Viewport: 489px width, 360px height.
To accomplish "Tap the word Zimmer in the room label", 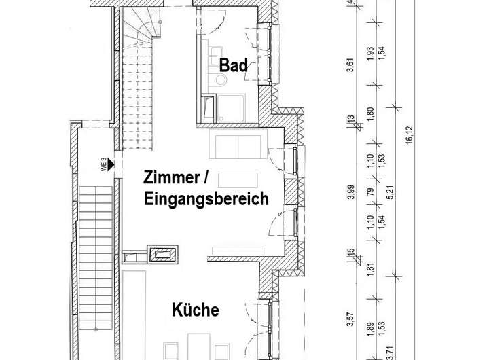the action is point(170,179).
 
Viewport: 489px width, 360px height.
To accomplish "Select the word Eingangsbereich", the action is point(206,200).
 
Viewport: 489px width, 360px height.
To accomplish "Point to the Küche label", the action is point(196,310).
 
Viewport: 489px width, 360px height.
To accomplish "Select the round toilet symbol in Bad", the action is point(221,80).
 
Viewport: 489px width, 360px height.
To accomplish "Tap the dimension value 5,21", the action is point(390,193).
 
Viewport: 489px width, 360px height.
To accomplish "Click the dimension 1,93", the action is point(370,52).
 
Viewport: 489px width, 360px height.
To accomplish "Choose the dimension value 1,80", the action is point(370,113).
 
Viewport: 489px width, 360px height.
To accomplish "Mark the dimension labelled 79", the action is point(370,193).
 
